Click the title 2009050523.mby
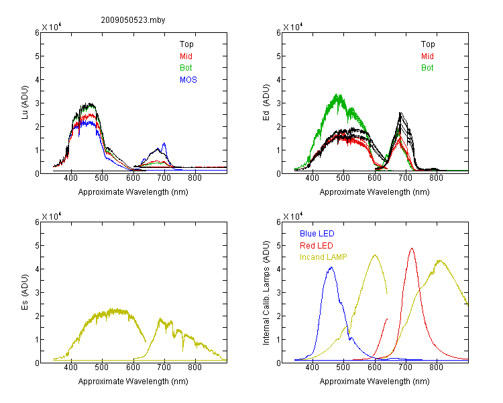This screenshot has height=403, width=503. pos(133,20)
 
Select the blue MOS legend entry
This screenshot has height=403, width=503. pos(188,80)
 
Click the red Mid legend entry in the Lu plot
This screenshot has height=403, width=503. pos(186,56)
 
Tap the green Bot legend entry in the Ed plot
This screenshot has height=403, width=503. pos(427,68)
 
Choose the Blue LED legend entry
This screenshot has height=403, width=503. pos(317,234)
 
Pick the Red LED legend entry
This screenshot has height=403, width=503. pos(317,246)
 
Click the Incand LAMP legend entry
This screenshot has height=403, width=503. pos(323,257)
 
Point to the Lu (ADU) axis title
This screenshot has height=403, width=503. pos(25,102)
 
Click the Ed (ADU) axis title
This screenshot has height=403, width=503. pos(266,103)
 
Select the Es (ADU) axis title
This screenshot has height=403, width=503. pos(25,292)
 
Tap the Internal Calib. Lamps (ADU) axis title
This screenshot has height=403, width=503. pos(266,293)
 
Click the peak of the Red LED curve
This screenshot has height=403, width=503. pos(412,249)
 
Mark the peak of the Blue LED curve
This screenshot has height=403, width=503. pos(331,267)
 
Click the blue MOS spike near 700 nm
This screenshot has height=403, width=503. pos(164,143)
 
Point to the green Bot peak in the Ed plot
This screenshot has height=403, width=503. pos(338,95)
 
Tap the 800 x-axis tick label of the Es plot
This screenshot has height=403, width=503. pos(194,367)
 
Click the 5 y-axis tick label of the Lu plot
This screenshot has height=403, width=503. pos(37,56)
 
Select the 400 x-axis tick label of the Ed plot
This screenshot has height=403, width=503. pos(312,178)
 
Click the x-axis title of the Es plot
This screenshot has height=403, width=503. pos(133,382)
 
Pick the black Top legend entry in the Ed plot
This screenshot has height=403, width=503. pos(428,44)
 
